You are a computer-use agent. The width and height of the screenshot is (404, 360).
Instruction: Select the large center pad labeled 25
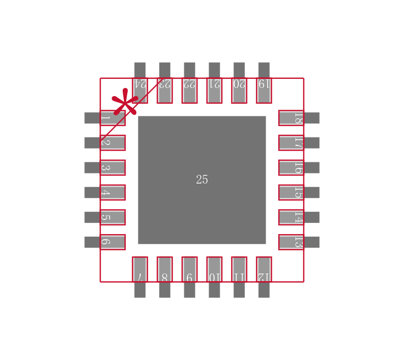coord(201,152)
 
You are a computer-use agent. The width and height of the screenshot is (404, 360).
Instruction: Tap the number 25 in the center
coord(201,180)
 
